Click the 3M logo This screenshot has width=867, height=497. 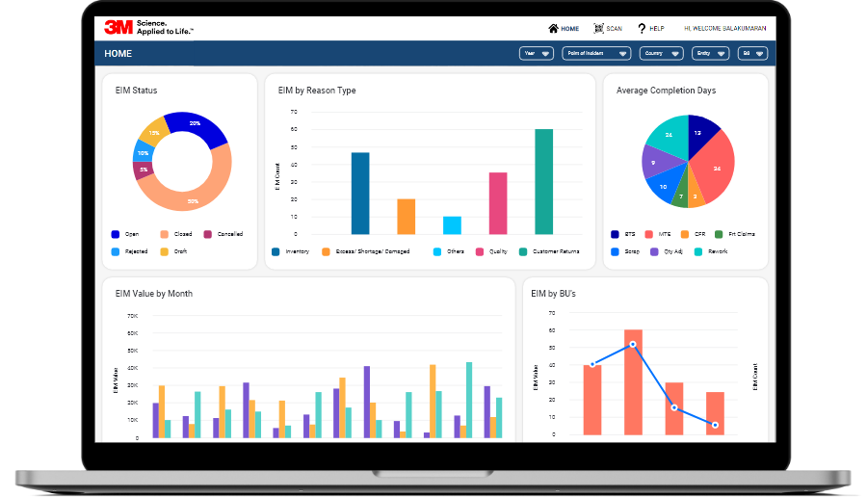[119, 28]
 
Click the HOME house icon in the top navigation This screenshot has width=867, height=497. [553, 29]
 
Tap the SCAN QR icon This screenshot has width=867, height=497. [598, 29]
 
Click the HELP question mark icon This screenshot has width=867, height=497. [642, 29]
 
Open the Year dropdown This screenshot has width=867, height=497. [537, 54]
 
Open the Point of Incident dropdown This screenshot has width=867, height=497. [596, 54]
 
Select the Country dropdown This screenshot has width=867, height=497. [661, 54]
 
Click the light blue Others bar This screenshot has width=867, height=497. [452, 225]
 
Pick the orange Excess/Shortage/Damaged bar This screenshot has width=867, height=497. [407, 217]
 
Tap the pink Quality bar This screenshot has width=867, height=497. [498, 203]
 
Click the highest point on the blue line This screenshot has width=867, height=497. [633, 344]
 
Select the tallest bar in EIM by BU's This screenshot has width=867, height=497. [633, 382]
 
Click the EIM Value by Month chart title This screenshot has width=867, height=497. [154, 294]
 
